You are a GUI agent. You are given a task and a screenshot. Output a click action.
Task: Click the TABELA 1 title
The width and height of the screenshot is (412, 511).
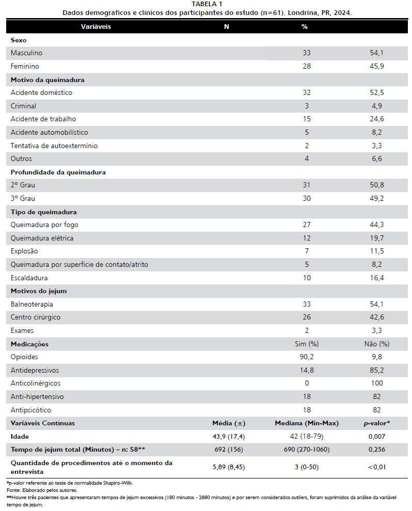(206, 4)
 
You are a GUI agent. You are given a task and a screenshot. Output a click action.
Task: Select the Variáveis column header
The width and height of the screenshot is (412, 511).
(96, 26)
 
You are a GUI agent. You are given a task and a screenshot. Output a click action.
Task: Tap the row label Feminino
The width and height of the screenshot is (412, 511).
(25, 67)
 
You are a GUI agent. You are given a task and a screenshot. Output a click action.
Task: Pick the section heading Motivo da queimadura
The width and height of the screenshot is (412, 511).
(47, 80)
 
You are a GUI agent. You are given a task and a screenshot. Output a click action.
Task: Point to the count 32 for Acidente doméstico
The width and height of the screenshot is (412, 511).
(307, 93)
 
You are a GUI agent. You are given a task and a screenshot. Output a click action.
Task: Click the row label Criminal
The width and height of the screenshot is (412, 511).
(23, 106)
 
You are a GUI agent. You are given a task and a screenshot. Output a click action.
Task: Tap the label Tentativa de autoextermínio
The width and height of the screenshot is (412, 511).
(54, 146)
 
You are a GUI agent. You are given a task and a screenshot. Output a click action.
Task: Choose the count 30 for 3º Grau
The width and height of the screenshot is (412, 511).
(307, 199)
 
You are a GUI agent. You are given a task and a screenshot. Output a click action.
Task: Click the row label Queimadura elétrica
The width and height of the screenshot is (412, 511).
(42, 238)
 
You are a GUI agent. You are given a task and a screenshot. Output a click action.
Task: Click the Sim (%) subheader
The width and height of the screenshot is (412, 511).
(306, 344)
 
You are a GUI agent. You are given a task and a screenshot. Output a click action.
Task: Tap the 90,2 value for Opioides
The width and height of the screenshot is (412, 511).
(307, 357)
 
